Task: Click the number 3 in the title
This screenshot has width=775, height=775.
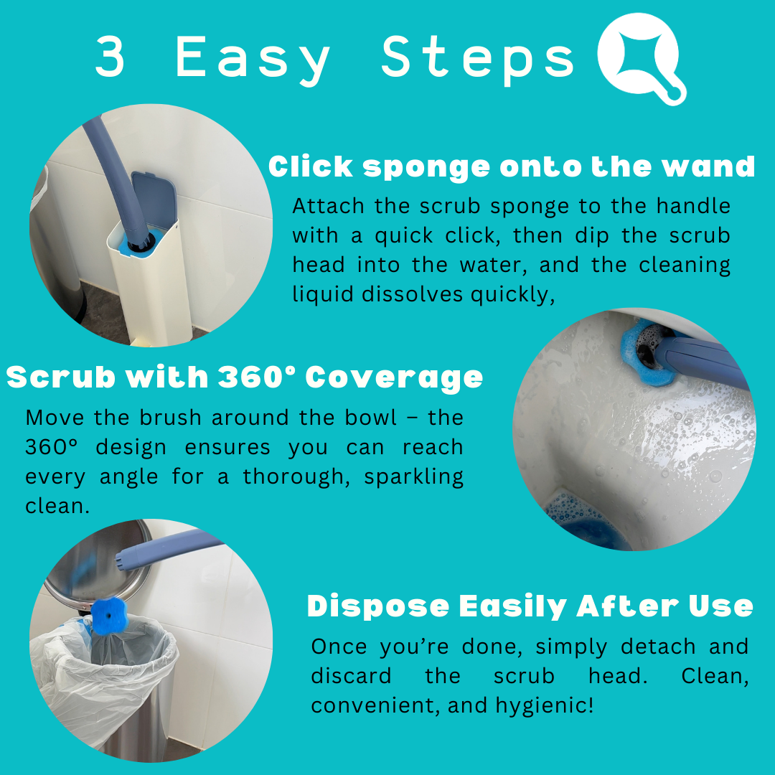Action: tap(110, 57)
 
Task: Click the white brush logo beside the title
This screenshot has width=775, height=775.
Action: tap(642, 58)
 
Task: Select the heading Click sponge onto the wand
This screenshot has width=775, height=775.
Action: tap(512, 166)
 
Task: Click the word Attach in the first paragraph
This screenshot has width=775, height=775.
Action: tap(328, 206)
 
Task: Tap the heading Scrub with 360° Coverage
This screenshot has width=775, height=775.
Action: tap(245, 377)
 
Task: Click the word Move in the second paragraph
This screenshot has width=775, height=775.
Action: tap(55, 418)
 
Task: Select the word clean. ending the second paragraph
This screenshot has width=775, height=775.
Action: tap(57, 506)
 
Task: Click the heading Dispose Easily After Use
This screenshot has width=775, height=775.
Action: tap(530, 606)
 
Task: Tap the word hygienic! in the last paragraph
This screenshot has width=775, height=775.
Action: tap(545, 705)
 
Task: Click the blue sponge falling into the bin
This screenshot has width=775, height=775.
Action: tap(109, 616)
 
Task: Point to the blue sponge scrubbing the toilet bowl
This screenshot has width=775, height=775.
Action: tap(647, 352)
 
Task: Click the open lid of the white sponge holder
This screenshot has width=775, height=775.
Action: tap(154, 198)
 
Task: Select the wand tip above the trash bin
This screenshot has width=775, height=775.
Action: tap(123, 559)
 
